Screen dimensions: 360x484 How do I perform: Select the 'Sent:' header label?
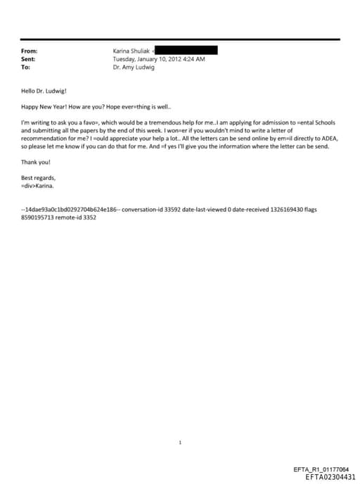pyautogui.click(x=28, y=59)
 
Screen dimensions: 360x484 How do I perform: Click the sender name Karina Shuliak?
pyautogui.click(x=131, y=51)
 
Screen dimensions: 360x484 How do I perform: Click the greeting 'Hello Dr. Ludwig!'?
pyautogui.click(x=44, y=91)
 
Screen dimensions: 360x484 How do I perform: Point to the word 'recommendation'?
pyautogui.click(x=45, y=139)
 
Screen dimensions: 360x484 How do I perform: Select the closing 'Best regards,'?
pyautogui.click(x=38, y=178)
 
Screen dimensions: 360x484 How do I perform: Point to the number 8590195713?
pyautogui.click(x=41, y=218)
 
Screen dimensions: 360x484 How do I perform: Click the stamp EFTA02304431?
pyautogui.click(x=330, y=476)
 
